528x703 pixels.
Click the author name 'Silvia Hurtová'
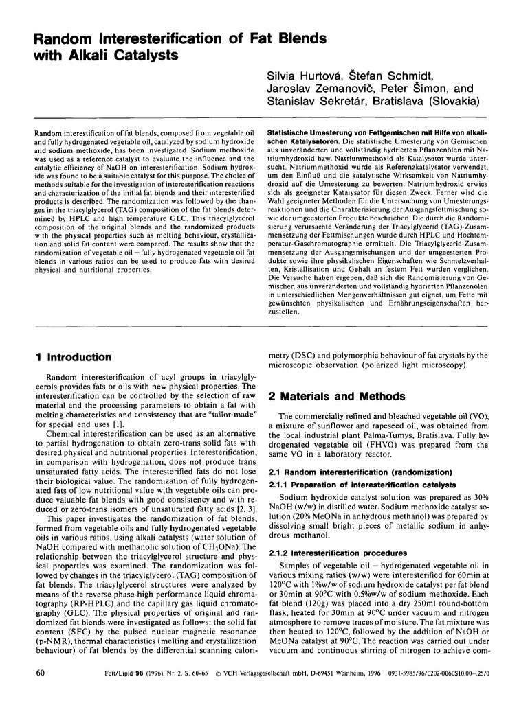(x=298, y=75)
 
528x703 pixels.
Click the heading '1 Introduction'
(x=74, y=357)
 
